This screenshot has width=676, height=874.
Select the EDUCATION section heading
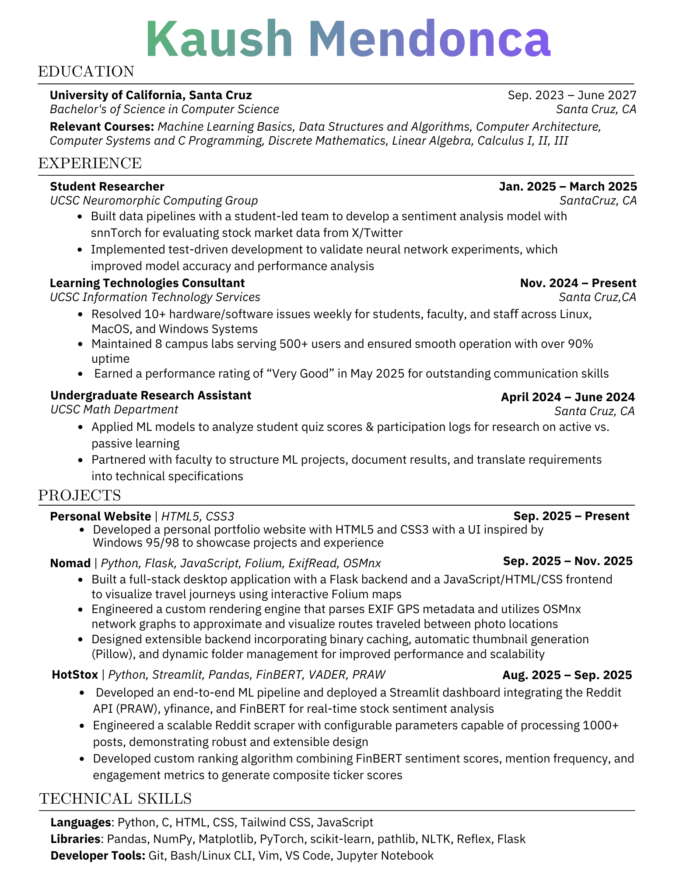pyautogui.click(x=86, y=72)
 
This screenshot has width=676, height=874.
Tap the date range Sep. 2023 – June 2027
pyautogui.click(x=572, y=95)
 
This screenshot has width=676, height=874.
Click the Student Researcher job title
pyautogui.click(x=107, y=187)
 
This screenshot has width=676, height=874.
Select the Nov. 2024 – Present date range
pyautogui.click(x=578, y=283)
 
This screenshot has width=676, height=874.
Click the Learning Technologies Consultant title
pyautogui.click(x=147, y=283)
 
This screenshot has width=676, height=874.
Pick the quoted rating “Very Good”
pyautogui.click(x=300, y=374)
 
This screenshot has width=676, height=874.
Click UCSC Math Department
pyautogui.click(x=114, y=409)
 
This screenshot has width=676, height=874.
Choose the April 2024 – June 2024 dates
pyautogui.click(x=567, y=397)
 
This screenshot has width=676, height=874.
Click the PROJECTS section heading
pyautogui.click(x=79, y=496)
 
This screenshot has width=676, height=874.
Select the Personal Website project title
pyautogui.click(x=100, y=517)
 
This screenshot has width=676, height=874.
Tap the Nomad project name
pyautogui.click(x=70, y=563)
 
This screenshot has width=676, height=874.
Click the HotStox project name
pyautogui.click(x=75, y=675)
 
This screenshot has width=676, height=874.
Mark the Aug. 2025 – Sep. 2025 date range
pyautogui.click(x=567, y=675)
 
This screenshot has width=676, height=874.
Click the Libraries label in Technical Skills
pyautogui.click(x=76, y=839)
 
